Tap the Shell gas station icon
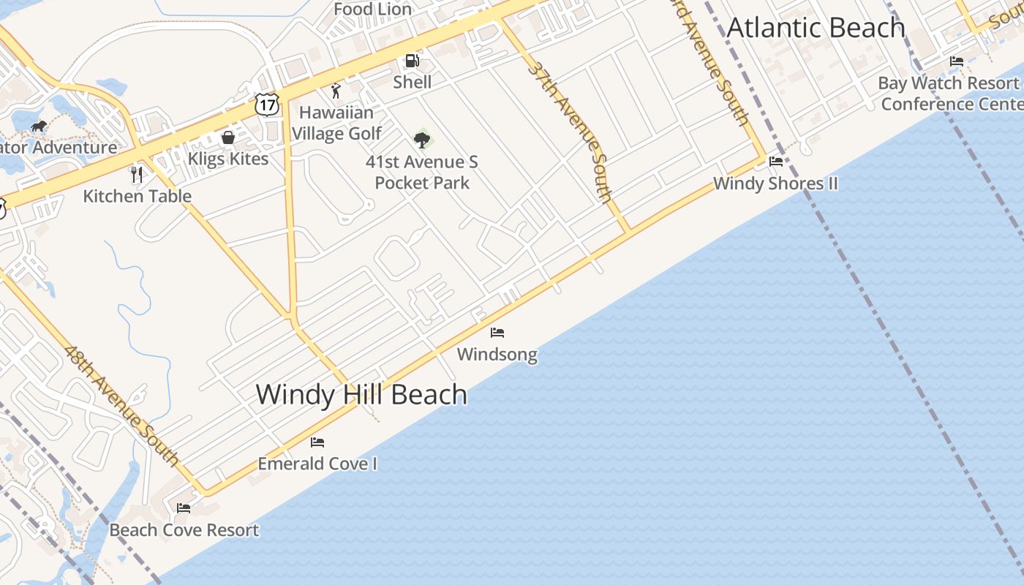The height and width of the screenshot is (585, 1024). point(413,61)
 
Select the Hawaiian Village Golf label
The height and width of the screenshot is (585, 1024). point(336,123)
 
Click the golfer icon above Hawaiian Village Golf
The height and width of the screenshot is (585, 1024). point(336,91)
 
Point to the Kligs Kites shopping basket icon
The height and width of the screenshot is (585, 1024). point(228,137)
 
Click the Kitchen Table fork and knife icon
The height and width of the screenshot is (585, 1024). point(137,175)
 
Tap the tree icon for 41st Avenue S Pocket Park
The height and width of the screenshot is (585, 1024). point(421,139)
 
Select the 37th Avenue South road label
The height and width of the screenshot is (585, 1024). point(569,132)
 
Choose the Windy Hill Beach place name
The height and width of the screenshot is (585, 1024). point(361,395)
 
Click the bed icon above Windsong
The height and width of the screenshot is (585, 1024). point(497,333)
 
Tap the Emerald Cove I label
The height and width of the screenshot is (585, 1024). point(317,464)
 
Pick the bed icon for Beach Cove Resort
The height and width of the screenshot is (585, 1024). point(184,507)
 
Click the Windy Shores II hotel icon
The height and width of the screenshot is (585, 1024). point(776,162)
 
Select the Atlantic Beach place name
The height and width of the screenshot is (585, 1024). point(816,28)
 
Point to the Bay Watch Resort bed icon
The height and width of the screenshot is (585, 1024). point(957,61)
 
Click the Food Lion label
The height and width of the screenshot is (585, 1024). point(373,10)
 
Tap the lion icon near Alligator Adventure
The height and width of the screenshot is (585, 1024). point(39,127)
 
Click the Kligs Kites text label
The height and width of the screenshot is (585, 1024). point(228,159)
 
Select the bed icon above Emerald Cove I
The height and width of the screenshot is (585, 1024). point(317,442)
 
